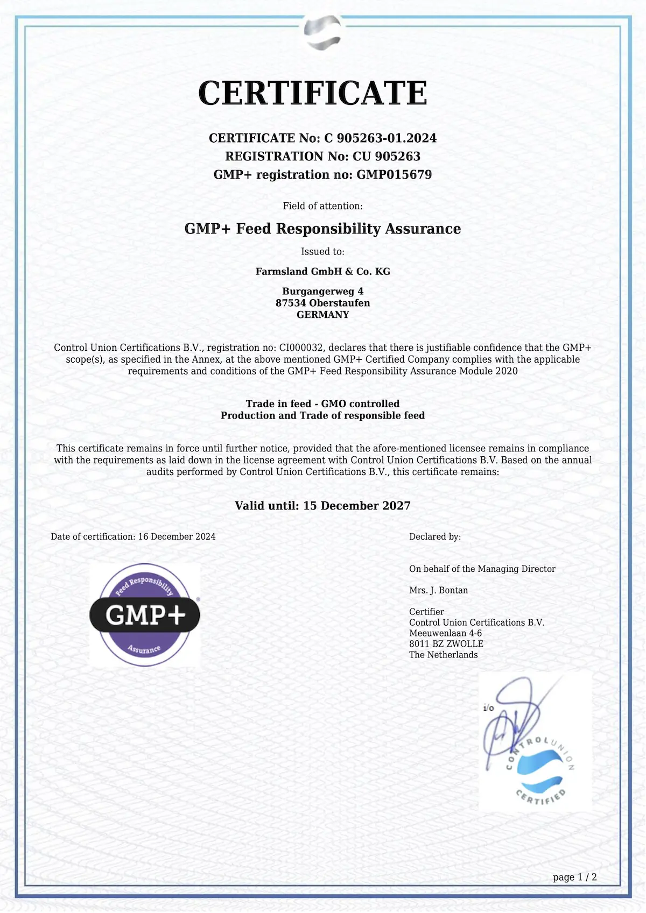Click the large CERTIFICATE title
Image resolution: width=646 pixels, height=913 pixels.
click(313, 93)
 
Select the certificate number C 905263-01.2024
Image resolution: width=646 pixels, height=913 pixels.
click(380, 138)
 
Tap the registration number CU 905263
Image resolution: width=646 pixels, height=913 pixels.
click(386, 157)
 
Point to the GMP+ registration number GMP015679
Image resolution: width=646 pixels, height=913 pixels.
click(394, 175)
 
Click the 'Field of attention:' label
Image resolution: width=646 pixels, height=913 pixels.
click(322, 206)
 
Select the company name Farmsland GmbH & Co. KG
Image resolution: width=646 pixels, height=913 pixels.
click(322, 272)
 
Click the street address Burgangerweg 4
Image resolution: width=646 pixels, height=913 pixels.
click(322, 292)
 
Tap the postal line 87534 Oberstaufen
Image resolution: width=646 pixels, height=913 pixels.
click(322, 303)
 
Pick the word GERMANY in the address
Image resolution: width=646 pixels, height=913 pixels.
click(322, 315)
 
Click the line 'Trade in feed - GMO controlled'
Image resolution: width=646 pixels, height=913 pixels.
click(322, 404)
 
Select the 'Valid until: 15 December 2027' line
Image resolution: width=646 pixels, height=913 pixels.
click(322, 506)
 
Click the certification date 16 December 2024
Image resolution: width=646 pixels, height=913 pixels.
click(177, 537)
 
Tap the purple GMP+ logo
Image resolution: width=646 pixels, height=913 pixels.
click(145, 615)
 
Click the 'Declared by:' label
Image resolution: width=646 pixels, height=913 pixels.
click(435, 537)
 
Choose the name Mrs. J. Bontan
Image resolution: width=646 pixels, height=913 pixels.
click(438, 590)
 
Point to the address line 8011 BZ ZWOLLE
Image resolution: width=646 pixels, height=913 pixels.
click(446, 644)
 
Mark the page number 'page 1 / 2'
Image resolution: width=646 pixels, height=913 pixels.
click(574, 877)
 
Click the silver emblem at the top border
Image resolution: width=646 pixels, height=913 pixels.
click(322, 32)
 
